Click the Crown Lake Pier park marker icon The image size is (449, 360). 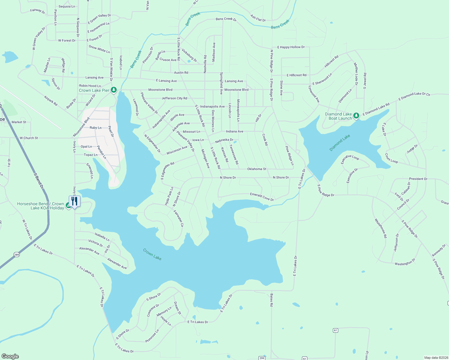coord(113,90)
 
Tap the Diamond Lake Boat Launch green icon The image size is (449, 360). coord(356,115)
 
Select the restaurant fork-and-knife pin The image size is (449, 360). coord(74,201)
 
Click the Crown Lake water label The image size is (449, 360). coord(152,254)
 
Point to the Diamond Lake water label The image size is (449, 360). coord(340,143)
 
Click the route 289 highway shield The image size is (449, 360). coord(17,255)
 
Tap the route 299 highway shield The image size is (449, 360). coord(262,358)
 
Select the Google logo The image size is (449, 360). coord(10,356)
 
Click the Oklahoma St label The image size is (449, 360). coord(257,169)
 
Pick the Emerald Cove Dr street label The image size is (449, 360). coord(262,197)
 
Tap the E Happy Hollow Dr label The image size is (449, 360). coord(291,47)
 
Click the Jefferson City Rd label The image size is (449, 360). coord(174,98)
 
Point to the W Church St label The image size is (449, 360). coord(29,138)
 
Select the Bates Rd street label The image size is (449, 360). coord(271,300)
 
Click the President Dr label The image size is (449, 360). coord(418,179)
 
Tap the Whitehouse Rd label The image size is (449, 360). coord(381,228)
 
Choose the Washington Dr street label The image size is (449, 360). coord(405,262)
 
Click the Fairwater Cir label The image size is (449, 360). coord(178,218)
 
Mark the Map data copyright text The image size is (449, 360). coord(435,358)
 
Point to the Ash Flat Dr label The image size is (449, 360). coord(258,19)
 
